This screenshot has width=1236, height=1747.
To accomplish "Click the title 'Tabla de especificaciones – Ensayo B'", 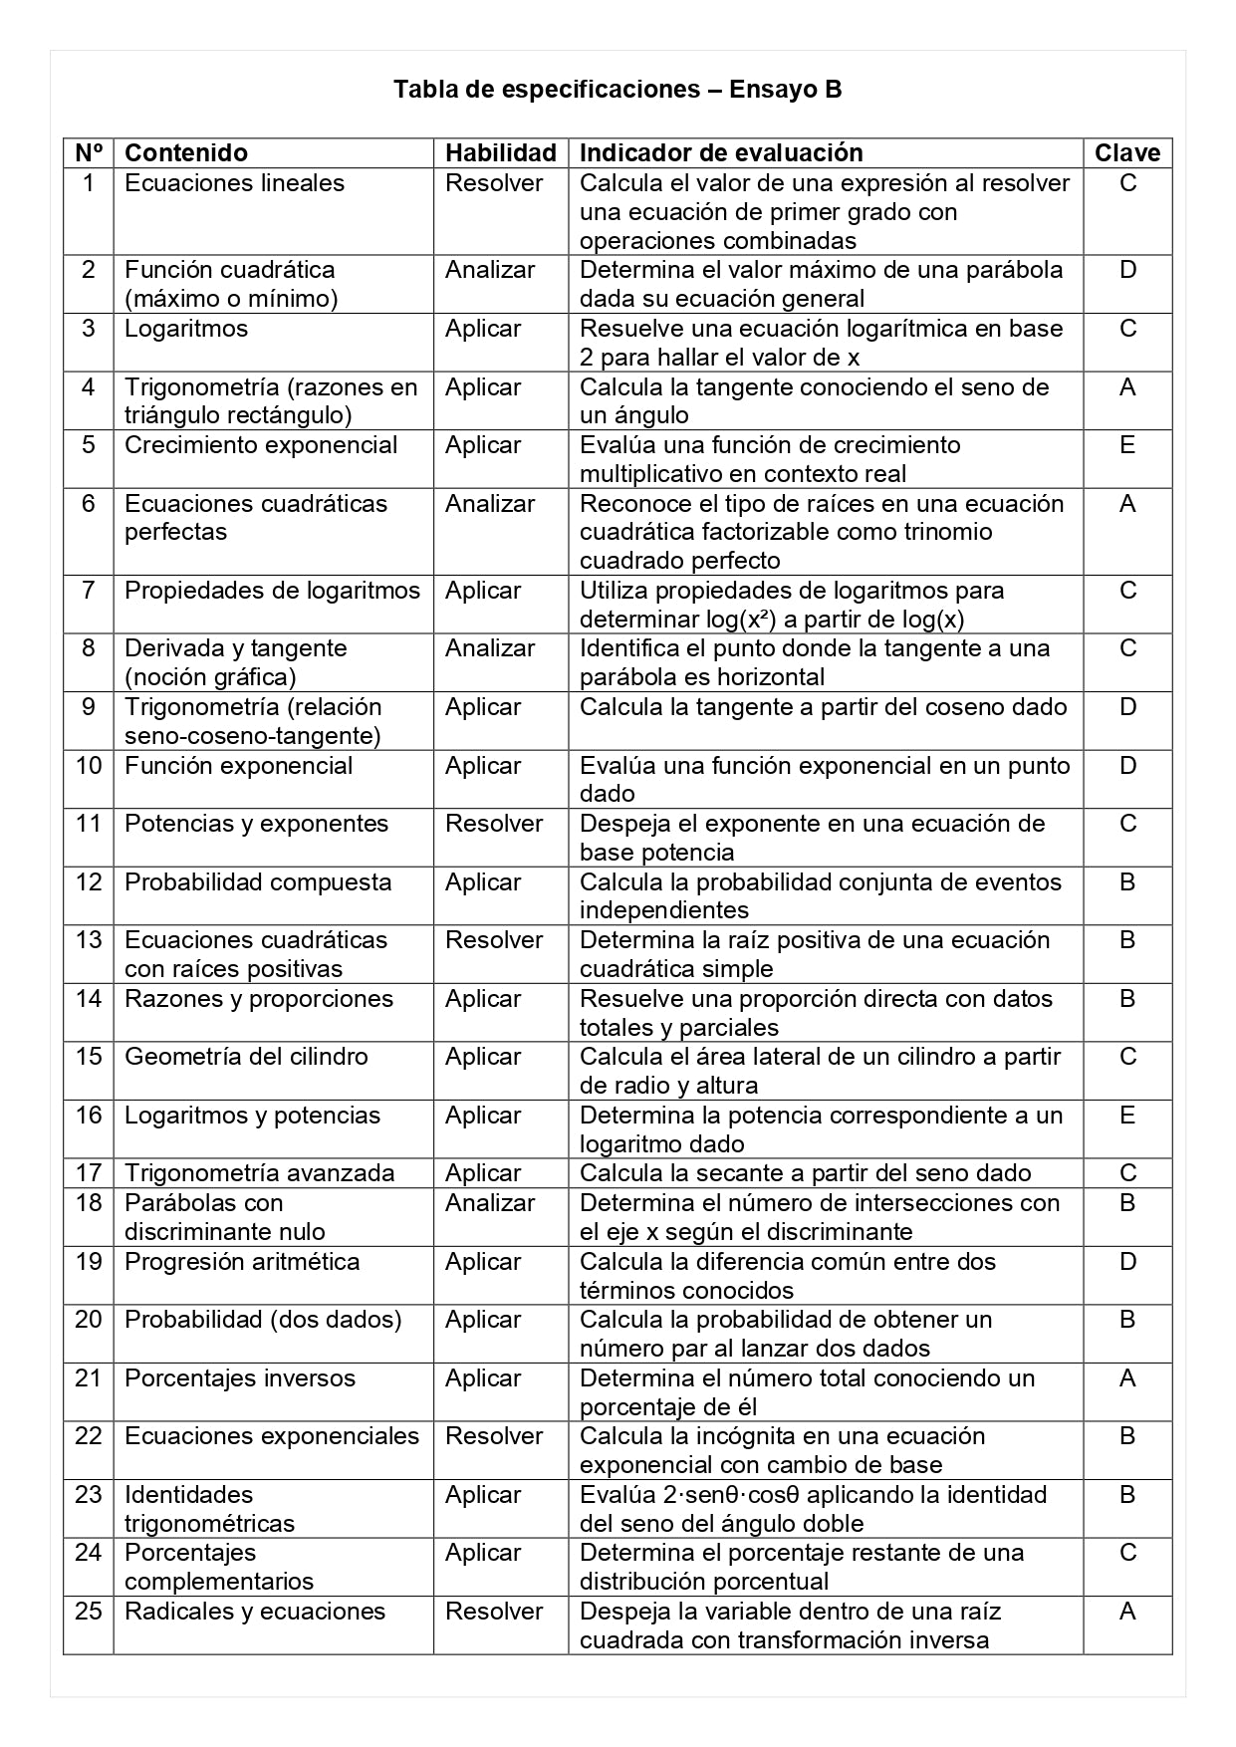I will (618, 90).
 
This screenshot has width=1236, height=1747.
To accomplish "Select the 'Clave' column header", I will (1127, 153).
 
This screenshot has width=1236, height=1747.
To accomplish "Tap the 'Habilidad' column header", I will (500, 153).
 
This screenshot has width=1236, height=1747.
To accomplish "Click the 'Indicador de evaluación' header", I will (721, 153).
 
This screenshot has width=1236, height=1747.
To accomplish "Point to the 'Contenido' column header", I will (186, 153).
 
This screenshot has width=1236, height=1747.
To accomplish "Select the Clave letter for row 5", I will (1127, 445).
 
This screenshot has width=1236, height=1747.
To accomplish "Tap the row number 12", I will (89, 882).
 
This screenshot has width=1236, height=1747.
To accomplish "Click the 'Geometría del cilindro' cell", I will (246, 1057).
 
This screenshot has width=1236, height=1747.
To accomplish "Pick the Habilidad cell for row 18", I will (490, 1203).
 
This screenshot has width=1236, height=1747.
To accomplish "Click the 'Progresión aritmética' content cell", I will (242, 1262).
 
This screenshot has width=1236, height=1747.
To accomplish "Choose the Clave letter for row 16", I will (1127, 1116).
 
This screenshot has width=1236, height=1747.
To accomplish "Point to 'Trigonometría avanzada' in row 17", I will (259, 1173).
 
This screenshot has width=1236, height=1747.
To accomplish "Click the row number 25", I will (89, 1612).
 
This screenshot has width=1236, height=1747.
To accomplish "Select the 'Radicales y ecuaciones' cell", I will (255, 1612).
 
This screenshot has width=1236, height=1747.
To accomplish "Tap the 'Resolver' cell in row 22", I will (494, 1436).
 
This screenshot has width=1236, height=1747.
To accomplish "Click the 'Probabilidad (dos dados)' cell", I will (263, 1320).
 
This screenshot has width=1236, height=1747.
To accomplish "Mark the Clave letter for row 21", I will (1127, 1378).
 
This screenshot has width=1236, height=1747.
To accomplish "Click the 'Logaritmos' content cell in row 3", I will (186, 329).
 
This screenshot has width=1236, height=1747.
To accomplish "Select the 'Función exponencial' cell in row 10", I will (238, 766).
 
